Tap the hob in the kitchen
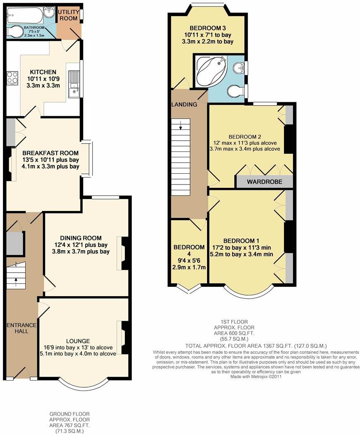coord(12,78)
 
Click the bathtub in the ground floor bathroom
coord(24,17)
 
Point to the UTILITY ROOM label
coord(68,15)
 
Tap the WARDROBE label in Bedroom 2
coord(264,182)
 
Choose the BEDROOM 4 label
coord(188,247)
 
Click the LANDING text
coord(184,104)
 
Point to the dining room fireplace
coord(125,253)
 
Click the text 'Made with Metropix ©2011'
coord(257,376)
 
